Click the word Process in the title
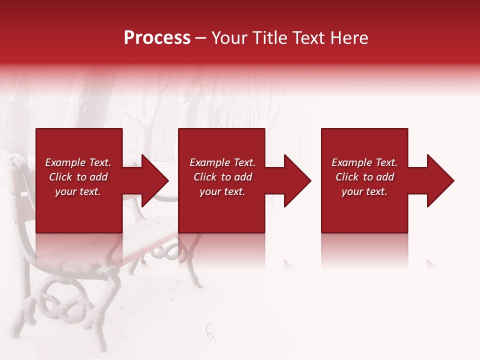(x=157, y=37)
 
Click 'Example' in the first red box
(x=64, y=162)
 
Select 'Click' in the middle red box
(x=205, y=177)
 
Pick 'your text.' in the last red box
(x=364, y=191)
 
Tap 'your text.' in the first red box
(x=77, y=191)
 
